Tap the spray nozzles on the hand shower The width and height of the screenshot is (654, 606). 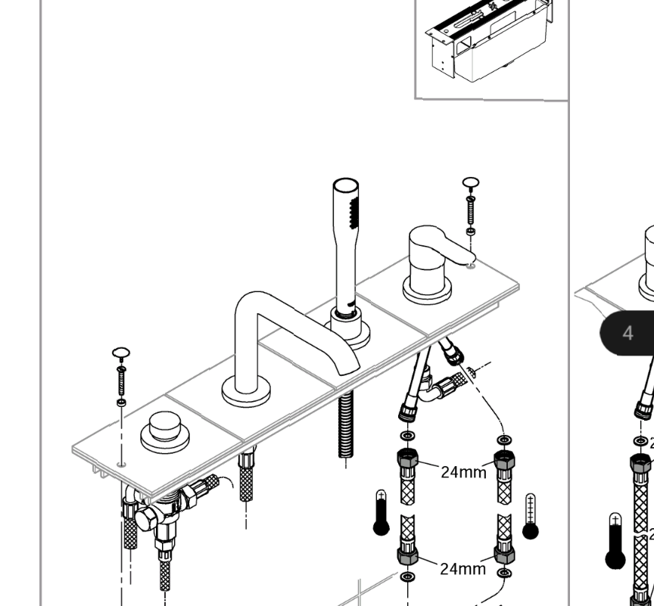(350, 213)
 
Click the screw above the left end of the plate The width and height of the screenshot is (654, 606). (121, 375)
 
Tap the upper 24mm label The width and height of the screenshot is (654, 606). (463, 473)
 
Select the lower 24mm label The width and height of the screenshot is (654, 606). (463, 568)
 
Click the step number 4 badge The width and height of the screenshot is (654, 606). (628, 333)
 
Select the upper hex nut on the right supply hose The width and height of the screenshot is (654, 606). (503, 459)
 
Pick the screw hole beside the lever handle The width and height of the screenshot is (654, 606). (471, 264)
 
